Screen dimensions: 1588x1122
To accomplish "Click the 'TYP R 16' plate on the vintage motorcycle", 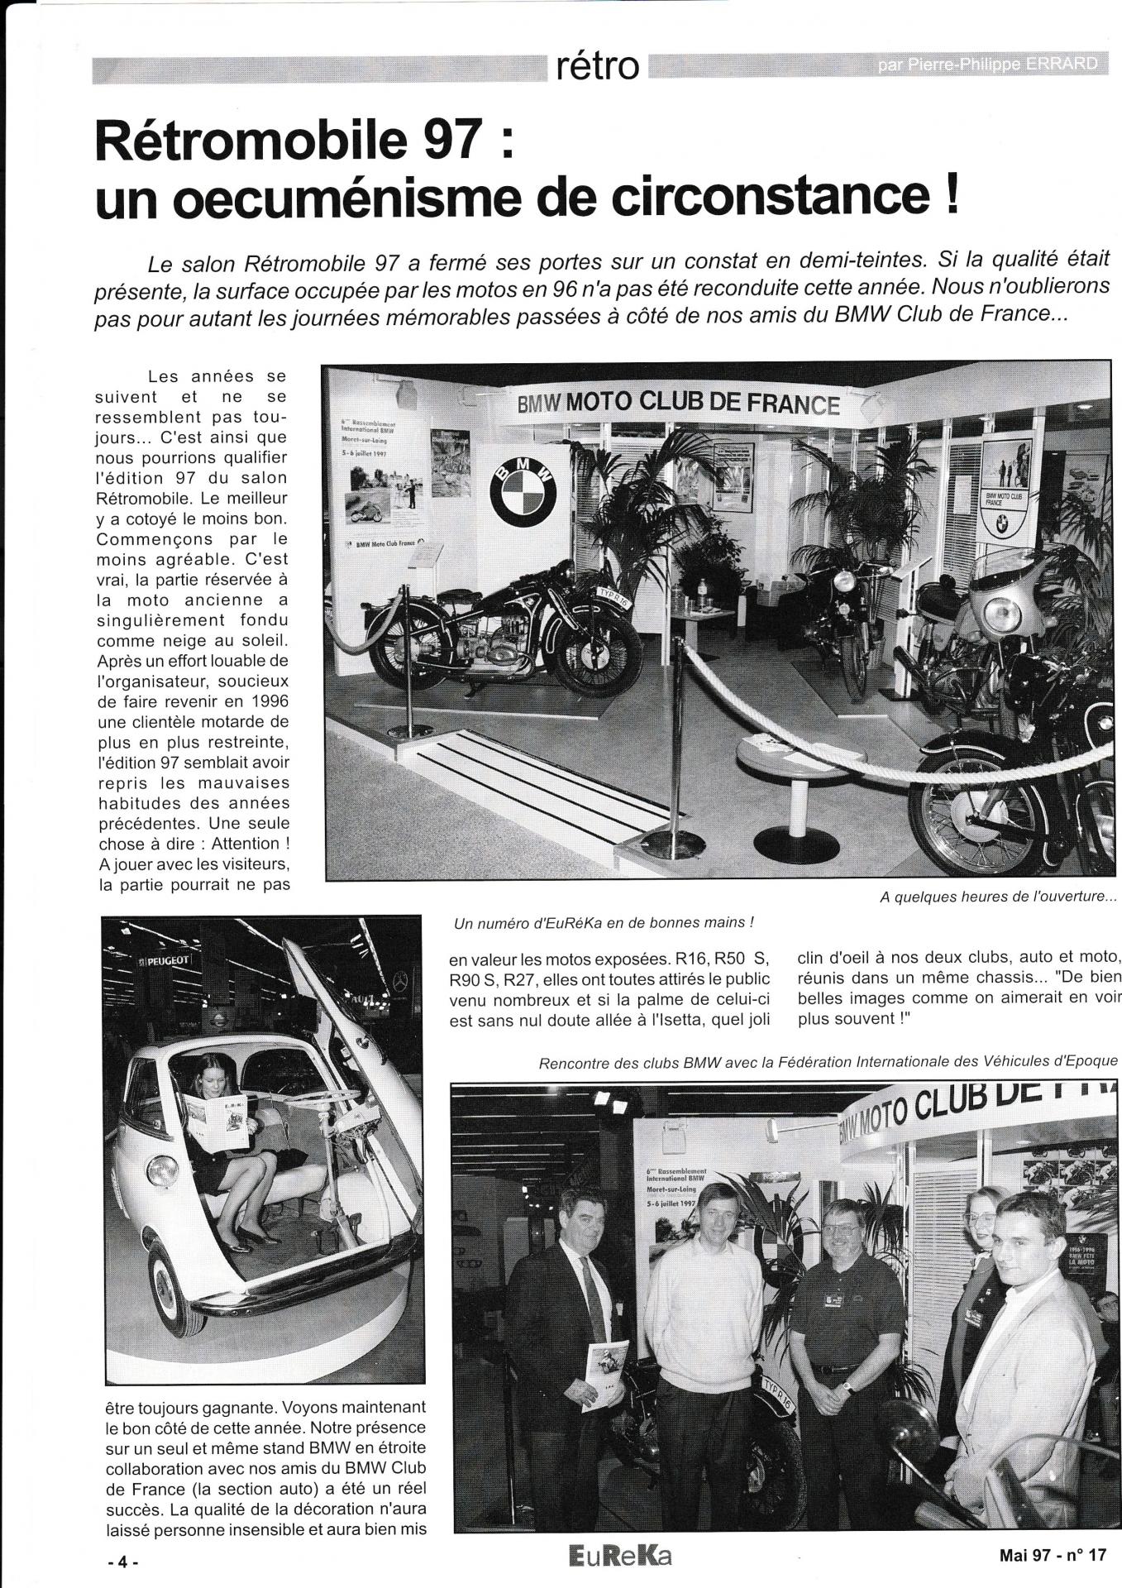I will click(614, 598).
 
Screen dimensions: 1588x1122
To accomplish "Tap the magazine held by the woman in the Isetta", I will click(217, 1121).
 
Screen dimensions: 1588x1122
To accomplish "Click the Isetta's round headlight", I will click(162, 1169).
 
